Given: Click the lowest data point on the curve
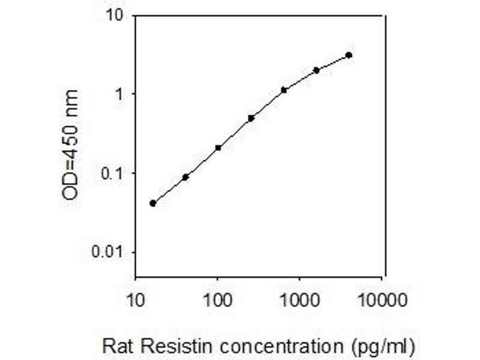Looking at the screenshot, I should [153, 203].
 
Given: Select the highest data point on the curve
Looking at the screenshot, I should [349, 55].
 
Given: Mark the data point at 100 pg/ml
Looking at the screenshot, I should [218, 148].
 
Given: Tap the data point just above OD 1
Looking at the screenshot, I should [284, 90].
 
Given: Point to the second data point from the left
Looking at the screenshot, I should [185, 177].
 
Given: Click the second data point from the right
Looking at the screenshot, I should [316, 70].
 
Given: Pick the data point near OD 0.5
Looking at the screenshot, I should [251, 118].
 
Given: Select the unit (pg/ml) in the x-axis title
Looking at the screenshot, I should [383, 347].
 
